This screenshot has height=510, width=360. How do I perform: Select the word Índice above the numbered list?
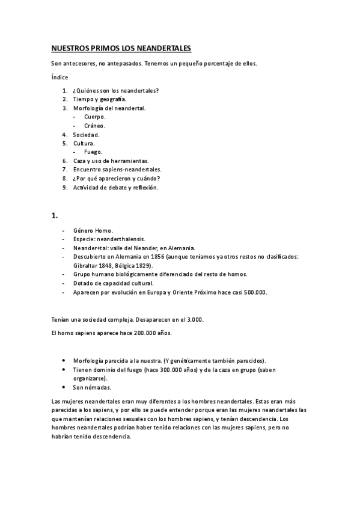pos(59,77)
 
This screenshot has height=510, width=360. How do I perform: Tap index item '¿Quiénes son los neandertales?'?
pos(116,91)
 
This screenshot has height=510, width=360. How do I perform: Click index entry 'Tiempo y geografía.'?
pos(100,99)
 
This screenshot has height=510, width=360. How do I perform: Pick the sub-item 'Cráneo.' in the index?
pos(95,126)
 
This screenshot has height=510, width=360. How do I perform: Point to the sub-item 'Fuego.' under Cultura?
pos(93,152)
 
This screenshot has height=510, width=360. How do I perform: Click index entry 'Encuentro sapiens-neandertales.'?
pos(117,170)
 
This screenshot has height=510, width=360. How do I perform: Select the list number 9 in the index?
pos(65,188)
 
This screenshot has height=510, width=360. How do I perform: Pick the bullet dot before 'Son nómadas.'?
pos(64,387)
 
